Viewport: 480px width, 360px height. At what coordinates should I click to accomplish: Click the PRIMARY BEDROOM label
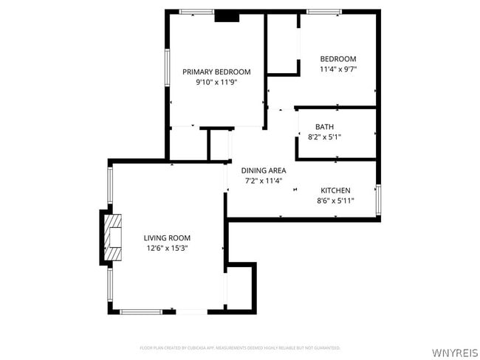(216, 72)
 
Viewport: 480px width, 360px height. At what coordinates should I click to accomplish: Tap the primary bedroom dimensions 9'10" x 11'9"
(216, 83)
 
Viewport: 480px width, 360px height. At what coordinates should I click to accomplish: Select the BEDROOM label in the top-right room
(337, 59)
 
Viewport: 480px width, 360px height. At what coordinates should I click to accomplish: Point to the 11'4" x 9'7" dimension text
(337, 69)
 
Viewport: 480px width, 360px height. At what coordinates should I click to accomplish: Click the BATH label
(324, 126)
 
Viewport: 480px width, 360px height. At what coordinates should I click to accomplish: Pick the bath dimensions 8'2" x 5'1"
(324, 136)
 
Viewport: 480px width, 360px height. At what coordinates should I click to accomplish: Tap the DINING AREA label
(263, 170)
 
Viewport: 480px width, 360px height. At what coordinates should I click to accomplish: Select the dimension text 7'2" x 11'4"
(263, 181)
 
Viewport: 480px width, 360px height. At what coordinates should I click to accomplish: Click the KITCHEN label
(335, 190)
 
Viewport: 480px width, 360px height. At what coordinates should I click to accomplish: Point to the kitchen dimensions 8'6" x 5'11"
(335, 200)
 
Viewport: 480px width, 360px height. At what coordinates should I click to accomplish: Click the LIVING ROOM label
(167, 238)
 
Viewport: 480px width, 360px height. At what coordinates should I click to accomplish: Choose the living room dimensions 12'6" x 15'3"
(167, 248)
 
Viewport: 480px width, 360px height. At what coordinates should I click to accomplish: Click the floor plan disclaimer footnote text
(240, 347)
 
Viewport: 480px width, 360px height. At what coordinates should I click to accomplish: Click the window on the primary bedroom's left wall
(167, 70)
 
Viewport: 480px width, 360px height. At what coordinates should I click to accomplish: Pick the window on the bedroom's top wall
(324, 12)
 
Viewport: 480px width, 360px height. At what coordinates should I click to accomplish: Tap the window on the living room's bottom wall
(146, 311)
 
